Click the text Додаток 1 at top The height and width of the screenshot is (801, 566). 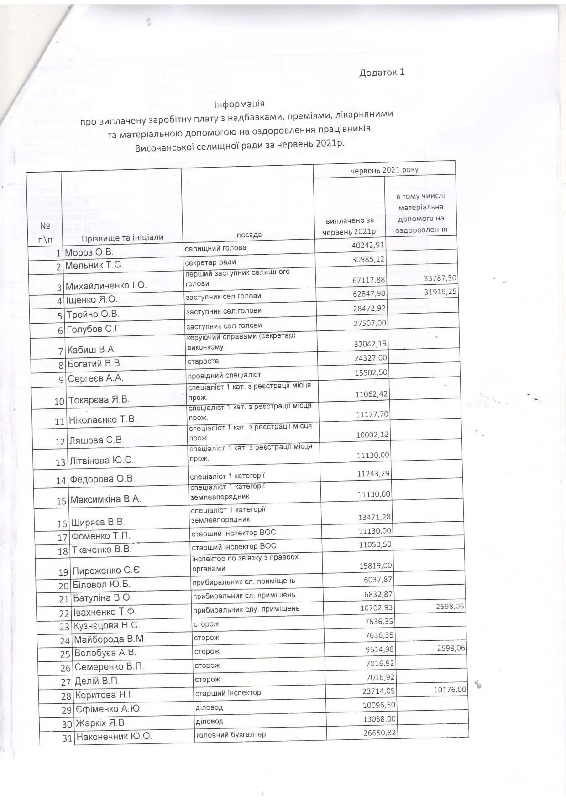[x=382, y=73]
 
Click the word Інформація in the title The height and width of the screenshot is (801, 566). [x=239, y=104]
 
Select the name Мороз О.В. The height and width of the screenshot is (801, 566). [x=89, y=252]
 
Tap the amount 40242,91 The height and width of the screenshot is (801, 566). [x=368, y=245]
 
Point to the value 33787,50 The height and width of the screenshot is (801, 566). [x=440, y=278]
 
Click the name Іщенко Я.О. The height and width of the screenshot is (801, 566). [x=92, y=300]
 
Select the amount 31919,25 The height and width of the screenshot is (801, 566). [x=440, y=292]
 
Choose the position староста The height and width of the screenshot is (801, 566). [x=203, y=361]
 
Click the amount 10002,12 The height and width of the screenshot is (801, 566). [x=372, y=435]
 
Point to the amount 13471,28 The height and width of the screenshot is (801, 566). [x=374, y=517]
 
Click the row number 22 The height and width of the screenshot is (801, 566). [x=64, y=613]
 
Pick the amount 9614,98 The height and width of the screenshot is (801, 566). [x=377, y=649]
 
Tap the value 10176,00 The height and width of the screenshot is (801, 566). [x=450, y=690]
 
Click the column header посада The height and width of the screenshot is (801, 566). [x=249, y=235]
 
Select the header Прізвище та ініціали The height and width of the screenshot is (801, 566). [x=122, y=238]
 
